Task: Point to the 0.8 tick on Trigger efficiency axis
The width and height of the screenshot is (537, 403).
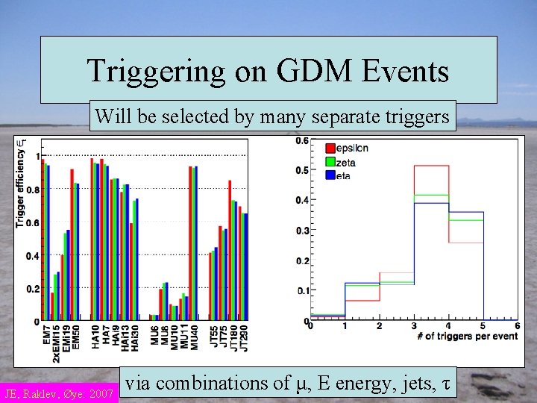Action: click(x=33, y=190)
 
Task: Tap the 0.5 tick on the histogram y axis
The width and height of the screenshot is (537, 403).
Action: click(x=301, y=169)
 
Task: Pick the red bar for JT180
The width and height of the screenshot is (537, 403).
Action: click(x=230, y=251)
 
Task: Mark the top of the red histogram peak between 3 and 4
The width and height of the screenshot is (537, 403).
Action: click(x=431, y=166)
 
